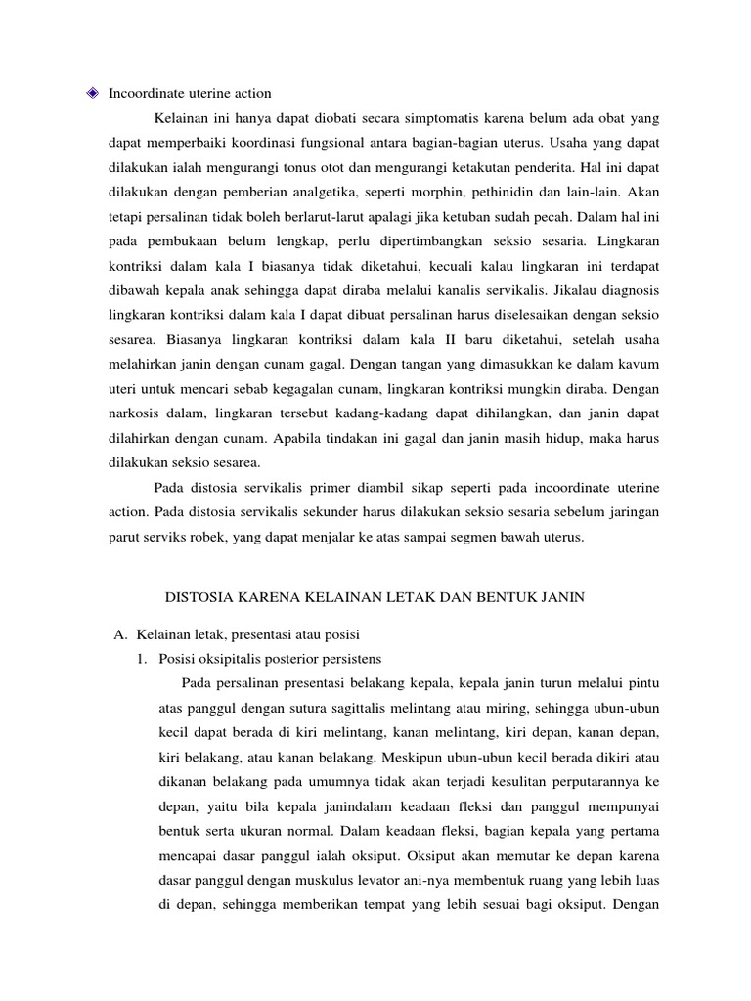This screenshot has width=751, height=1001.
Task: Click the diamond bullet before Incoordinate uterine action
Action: coord(93,94)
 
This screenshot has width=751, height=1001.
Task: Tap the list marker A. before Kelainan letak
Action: coord(122,633)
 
